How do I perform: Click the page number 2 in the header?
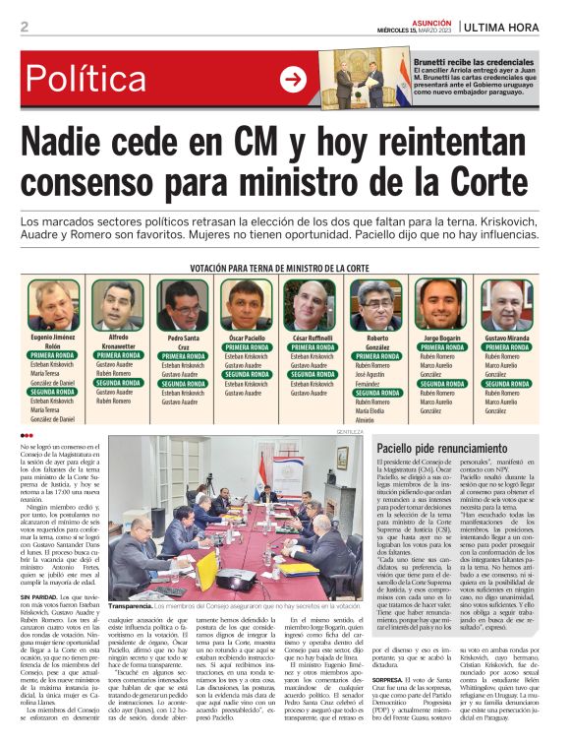point(24,27)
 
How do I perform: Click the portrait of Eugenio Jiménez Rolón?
point(53,305)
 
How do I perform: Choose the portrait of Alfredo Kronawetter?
point(119,305)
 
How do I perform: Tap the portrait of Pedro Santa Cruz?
point(183,305)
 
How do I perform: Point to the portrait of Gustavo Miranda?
point(506,305)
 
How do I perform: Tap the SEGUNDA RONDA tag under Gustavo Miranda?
point(506,384)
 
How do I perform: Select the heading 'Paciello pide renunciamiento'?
point(438,449)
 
